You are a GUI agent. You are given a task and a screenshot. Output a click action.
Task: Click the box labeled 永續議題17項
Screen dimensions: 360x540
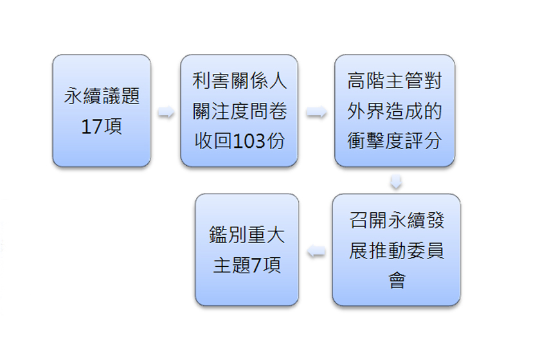[x=102, y=111]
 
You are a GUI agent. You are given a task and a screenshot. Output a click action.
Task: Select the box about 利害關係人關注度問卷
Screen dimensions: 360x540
[x=239, y=111]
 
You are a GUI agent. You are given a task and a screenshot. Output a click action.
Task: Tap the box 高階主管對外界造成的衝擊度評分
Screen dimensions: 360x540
[x=394, y=111]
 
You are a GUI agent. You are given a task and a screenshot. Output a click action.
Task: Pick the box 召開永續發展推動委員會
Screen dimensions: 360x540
[x=396, y=249]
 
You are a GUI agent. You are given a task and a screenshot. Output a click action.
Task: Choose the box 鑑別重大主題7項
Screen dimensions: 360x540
[x=247, y=249]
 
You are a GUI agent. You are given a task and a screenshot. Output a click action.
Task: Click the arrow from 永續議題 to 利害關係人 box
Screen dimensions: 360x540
[x=166, y=114]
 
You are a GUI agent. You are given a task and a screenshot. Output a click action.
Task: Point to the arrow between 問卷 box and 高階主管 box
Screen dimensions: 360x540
[x=316, y=114]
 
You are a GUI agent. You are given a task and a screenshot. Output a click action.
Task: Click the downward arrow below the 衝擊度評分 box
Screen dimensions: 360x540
[x=396, y=181]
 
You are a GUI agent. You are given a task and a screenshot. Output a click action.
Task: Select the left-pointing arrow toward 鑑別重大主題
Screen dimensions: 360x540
[x=316, y=253]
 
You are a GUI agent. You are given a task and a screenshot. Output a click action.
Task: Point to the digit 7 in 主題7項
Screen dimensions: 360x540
[x=256, y=265]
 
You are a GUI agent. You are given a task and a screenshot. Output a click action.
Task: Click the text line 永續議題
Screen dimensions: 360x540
[x=102, y=97]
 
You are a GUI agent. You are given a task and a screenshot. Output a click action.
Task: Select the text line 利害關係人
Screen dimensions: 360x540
[x=239, y=81]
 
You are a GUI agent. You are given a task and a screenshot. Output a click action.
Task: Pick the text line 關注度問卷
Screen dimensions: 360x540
[x=239, y=111]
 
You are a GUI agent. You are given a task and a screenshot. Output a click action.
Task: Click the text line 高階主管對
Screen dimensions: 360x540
[x=394, y=81]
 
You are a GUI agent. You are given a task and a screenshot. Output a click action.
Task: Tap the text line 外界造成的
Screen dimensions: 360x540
[x=394, y=111]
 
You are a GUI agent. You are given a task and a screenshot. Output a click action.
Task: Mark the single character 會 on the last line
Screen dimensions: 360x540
[x=397, y=280]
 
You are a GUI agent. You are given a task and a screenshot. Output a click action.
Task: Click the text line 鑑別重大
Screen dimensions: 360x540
[x=247, y=235]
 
